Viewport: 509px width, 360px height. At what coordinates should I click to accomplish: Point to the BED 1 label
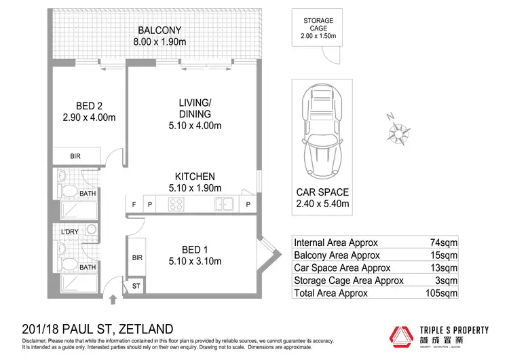click(x=195, y=249)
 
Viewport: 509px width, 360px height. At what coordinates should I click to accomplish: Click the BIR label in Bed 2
click(x=75, y=156)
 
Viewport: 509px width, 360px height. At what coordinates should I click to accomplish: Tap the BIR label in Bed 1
click(x=136, y=258)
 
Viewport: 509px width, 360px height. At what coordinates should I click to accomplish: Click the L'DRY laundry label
click(x=71, y=232)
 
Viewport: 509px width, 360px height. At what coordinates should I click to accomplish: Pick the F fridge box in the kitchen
click(x=134, y=204)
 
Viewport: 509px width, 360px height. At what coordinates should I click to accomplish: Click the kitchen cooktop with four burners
click(x=177, y=203)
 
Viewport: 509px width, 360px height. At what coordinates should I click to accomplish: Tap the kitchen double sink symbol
click(x=224, y=203)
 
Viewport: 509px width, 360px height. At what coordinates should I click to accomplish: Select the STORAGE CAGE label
click(x=318, y=25)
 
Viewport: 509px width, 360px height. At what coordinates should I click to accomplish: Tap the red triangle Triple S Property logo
click(x=399, y=336)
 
